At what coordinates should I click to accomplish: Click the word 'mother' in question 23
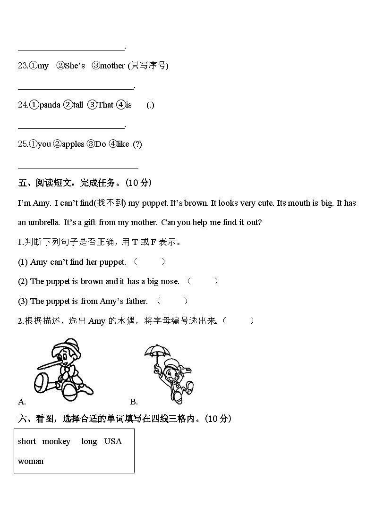(112, 66)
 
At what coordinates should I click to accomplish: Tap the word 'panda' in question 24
(50, 105)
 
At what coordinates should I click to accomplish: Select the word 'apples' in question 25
(73, 144)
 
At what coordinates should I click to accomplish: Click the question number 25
(23, 144)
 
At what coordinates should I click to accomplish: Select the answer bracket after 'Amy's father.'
(172, 301)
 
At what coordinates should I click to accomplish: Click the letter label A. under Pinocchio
(22, 402)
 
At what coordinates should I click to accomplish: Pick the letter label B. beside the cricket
(134, 402)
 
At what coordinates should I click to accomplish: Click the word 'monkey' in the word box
(56, 441)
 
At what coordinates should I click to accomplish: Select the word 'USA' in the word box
(113, 441)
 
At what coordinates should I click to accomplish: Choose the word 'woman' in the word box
(31, 461)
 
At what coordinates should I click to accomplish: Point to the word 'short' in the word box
(27, 441)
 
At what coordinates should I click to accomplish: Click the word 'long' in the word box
(89, 441)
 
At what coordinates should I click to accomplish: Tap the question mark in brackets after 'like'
(137, 144)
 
